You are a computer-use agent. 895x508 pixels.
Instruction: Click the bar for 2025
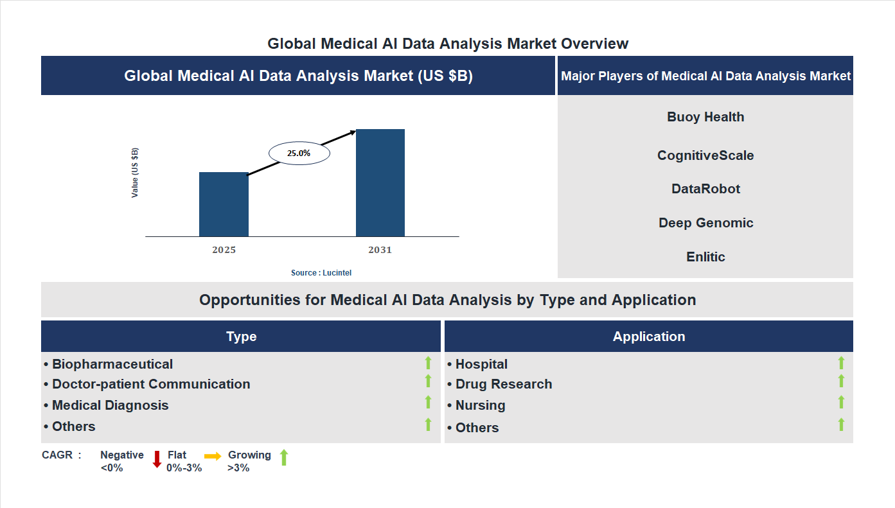pyautogui.click(x=224, y=204)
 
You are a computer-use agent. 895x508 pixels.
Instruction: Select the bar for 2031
pyautogui.click(x=380, y=183)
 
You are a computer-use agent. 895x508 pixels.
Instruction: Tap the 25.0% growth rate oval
pyautogui.click(x=299, y=153)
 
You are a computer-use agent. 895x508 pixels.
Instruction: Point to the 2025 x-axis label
pyautogui.click(x=224, y=250)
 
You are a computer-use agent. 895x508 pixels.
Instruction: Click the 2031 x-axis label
pyautogui.click(x=380, y=250)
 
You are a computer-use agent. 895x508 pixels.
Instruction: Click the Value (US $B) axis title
pyautogui.click(x=135, y=173)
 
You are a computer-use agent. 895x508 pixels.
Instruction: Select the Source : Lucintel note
pyautogui.click(x=321, y=273)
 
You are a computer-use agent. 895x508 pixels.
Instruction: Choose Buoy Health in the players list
pyautogui.click(x=705, y=117)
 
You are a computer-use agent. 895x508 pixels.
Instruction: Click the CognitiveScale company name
pyautogui.click(x=705, y=155)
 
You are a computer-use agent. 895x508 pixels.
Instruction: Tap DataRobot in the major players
pyautogui.click(x=705, y=189)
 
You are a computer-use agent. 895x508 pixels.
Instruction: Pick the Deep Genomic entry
pyautogui.click(x=705, y=223)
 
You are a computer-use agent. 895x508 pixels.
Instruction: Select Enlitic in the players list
pyautogui.click(x=705, y=257)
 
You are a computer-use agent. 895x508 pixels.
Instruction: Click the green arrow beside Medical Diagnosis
pyautogui.click(x=428, y=403)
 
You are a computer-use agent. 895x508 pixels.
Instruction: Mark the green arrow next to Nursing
pyautogui.click(x=841, y=403)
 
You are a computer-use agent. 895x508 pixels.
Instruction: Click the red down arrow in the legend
pyautogui.click(x=157, y=459)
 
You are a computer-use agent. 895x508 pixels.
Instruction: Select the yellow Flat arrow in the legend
pyautogui.click(x=213, y=456)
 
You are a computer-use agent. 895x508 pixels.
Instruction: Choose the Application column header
pyautogui.click(x=649, y=337)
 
